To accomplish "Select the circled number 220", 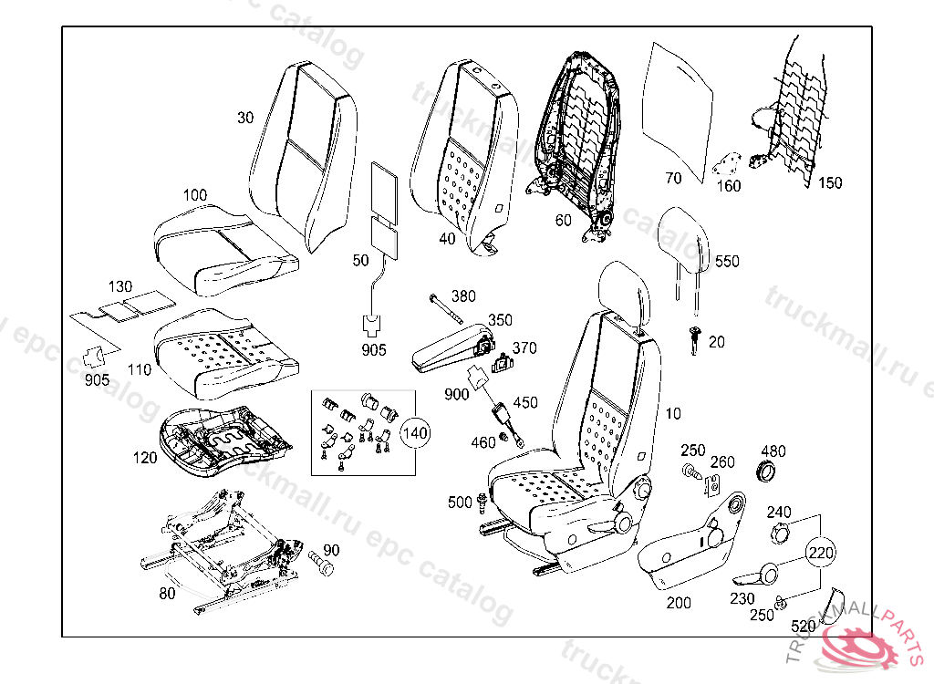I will [x=819, y=552].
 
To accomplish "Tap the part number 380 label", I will [x=463, y=295].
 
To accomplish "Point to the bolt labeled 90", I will [x=322, y=560].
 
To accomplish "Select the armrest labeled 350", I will [x=447, y=346].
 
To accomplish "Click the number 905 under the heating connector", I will [x=374, y=349].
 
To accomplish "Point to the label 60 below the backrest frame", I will [x=563, y=220].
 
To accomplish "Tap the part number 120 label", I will [x=145, y=458].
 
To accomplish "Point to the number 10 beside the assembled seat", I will [x=673, y=414].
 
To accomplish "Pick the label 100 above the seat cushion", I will [x=195, y=195].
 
